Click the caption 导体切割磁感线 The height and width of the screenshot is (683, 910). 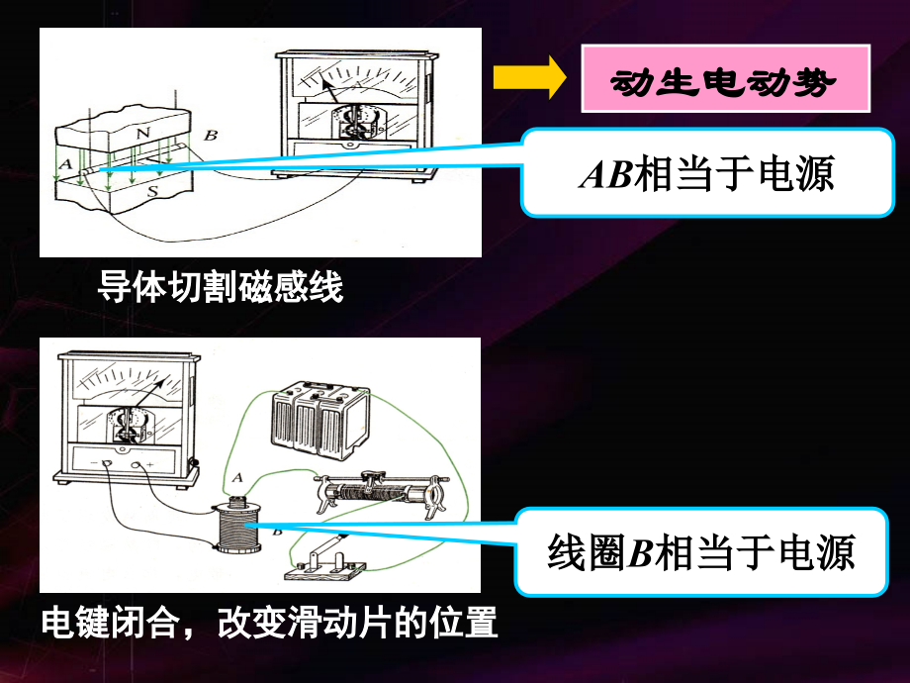[220, 288]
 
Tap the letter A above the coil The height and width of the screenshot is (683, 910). [235, 478]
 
